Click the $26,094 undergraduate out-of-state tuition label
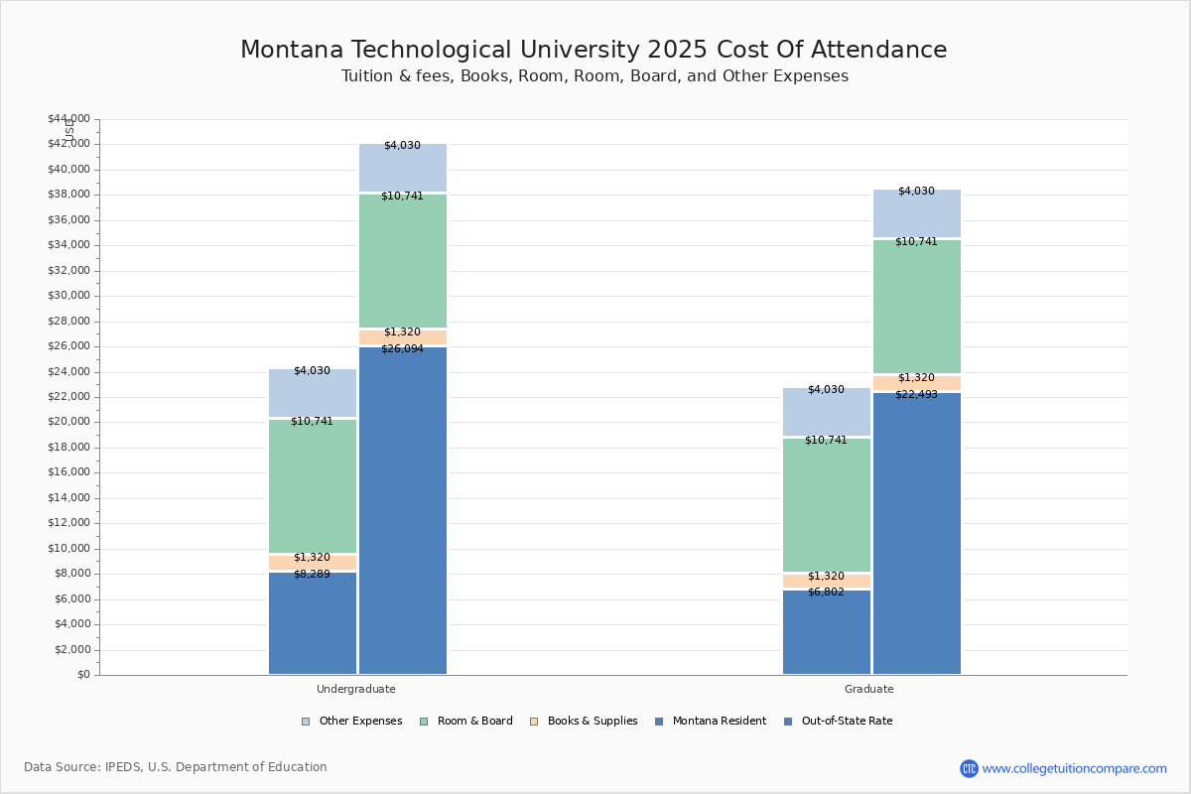[x=402, y=349]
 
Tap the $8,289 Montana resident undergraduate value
[x=312, y=575]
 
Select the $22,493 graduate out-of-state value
[x=916, y=395]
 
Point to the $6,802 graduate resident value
[x=826, y=593]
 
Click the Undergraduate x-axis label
[x=355, y=689]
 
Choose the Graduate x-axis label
[x=868, y=689]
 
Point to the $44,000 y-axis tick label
[x=68, y=119]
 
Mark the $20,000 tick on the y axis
[x=68, y=422]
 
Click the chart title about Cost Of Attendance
[x=594, y=51]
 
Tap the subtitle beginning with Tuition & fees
[x=595, y=76]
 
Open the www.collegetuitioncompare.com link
[x=1074, y=768]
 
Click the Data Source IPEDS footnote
[x=176, y=767]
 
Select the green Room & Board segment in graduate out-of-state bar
[x=916, y=308]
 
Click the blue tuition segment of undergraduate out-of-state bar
[x=402, y=511]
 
